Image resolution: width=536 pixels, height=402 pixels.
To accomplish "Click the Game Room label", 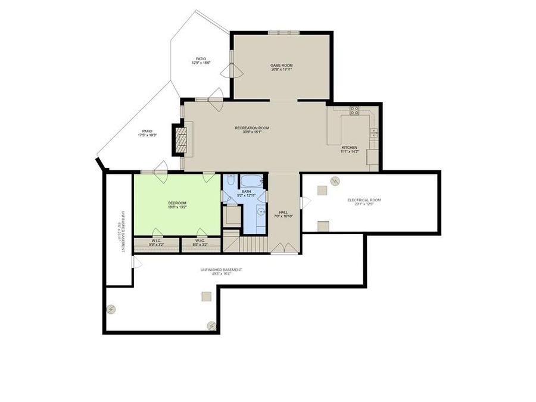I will click(282, 66).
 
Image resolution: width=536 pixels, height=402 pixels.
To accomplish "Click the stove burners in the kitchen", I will click(354, 110).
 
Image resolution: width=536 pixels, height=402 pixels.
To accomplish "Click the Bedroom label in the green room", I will click(177, 203).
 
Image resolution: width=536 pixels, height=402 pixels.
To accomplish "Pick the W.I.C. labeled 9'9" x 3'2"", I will click(156, 244).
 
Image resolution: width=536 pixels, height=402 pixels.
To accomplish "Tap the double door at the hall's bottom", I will click(285, 248).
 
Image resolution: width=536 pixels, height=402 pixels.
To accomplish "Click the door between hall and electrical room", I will click(305, 203).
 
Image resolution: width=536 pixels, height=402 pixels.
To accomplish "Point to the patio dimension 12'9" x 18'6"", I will click(200, 63).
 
